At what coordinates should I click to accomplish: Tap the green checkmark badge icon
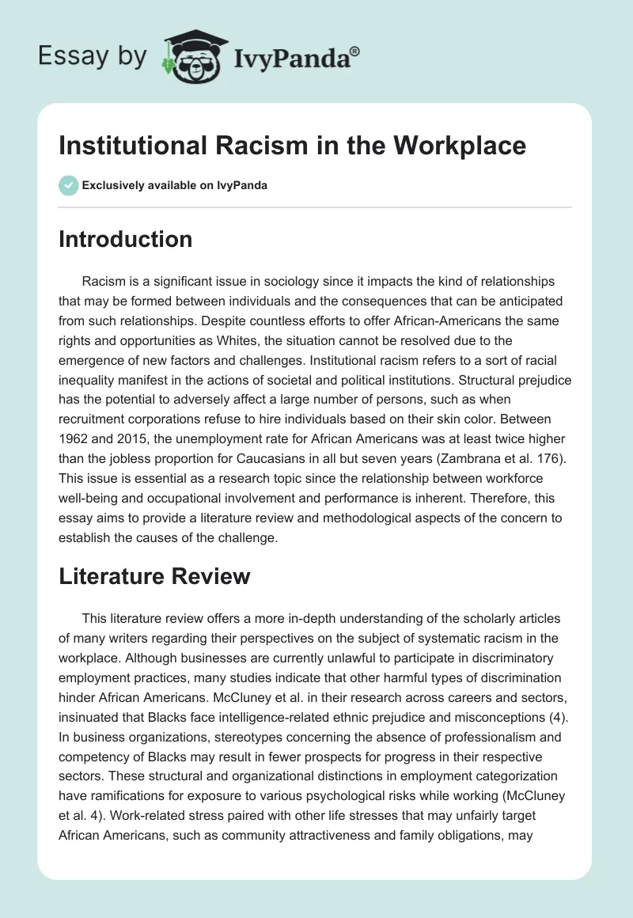coord(68,185)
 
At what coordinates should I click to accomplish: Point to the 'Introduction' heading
coord(125,239)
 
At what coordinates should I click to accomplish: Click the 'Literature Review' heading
coord(154,576)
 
